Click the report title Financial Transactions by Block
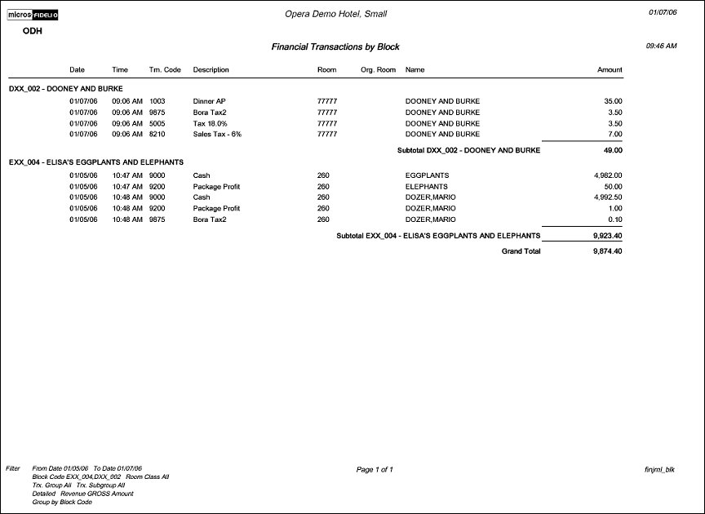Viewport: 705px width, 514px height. [335, 47]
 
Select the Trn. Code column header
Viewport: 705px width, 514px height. [165, 70]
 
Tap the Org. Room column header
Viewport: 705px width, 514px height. [378, 70]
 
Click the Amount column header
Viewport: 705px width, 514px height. [610, 70]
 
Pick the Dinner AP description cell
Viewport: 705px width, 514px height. [209, 101]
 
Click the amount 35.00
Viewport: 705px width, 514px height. [613, 101]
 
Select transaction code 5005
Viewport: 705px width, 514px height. [157, 123]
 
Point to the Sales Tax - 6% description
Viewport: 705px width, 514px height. [218, 134]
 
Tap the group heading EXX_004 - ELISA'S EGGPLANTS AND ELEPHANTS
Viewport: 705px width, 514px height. [96, 162]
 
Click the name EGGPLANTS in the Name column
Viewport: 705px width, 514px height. [427, 175]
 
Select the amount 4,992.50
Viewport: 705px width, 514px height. [608, 197]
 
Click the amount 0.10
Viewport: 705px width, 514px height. [615, 219]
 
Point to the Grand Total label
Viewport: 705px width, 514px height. [521, 251]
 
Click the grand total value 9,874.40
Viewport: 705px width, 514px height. [608, 251]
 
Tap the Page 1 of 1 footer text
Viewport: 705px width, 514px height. [375, 470]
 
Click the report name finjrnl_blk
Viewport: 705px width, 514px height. [659, 470]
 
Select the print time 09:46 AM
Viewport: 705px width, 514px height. [661, 47]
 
